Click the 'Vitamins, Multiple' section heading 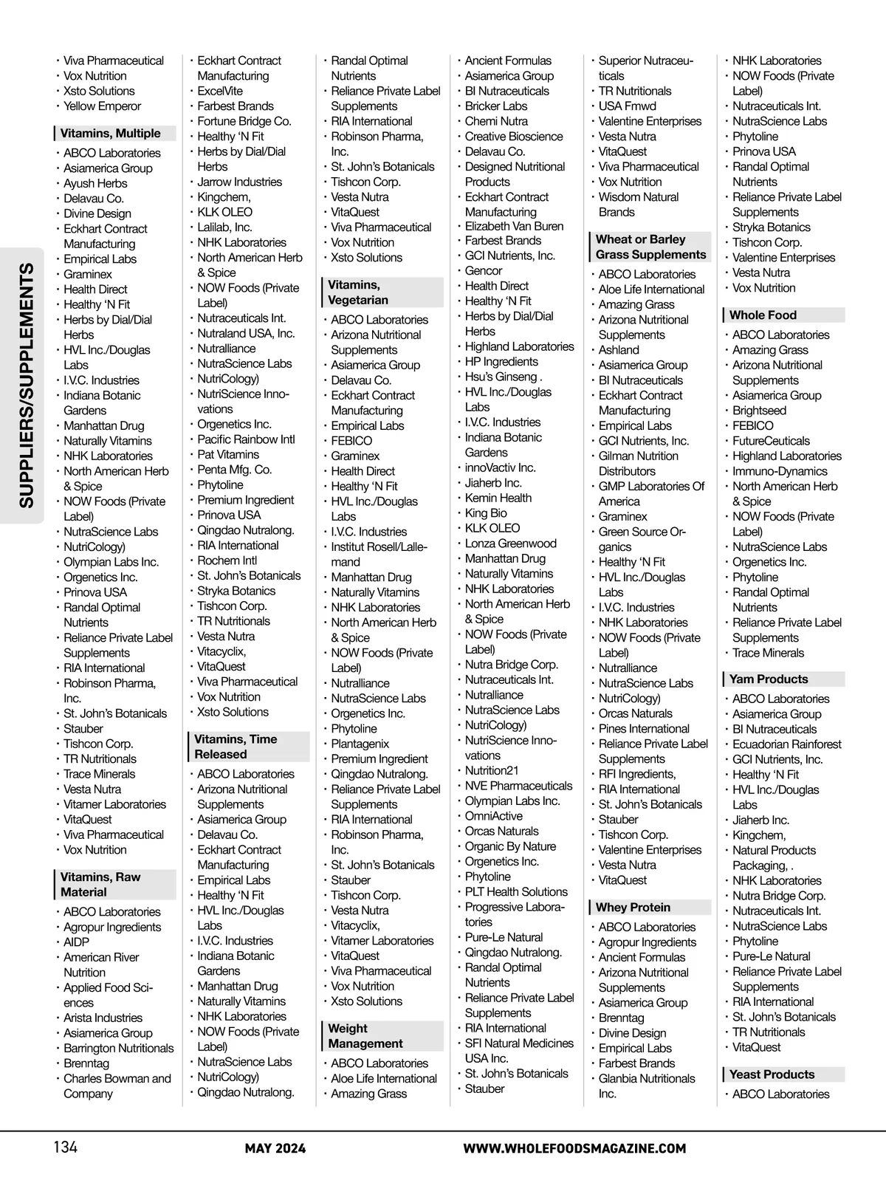coord(111,134)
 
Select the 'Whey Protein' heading coord(633,908)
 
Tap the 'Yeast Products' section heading coord(772,1074)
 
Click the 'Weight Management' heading coord(365,1036)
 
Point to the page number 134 coord(65,1147)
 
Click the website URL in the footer coord(574,1148)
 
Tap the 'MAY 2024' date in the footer coord(275,1148)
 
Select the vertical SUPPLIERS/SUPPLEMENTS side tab coord(27,385)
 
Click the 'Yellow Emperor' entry coord(102,106)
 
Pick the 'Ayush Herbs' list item coord(95,183)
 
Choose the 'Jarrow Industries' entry coord(239,182)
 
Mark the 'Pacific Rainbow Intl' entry coord(246,439)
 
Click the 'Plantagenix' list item coord(360,744)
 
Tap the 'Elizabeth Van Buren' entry coord(514,226)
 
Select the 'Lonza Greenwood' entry coord(510,544)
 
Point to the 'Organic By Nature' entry coord(510,846)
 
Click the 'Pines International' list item coord(644,729)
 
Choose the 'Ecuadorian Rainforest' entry coord(786,744)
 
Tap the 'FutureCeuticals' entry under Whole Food coord(771,441)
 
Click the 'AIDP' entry coord(76,942)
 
